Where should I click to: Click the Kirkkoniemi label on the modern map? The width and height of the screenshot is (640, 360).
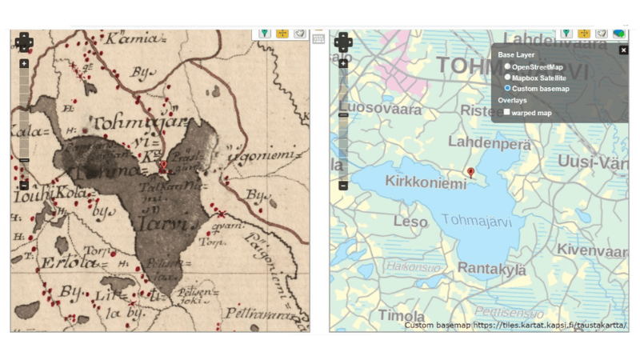click(x=425, y=183)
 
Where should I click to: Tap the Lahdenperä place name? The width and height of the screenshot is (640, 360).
click(x=478, y=142)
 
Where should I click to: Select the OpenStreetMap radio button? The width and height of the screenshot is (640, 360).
click(x=507, y=66)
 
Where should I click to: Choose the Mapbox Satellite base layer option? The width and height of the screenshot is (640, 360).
click(x=507, y=78)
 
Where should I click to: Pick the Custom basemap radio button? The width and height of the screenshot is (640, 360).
click(x=507, y=88)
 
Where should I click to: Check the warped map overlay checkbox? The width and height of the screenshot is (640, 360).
click(x=507, y=112)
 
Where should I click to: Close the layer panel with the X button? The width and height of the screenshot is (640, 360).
click(x=623, y=50)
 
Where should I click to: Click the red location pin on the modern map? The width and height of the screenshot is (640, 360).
click(x=470, y=172)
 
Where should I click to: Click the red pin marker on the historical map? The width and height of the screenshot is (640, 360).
click(x=163, y=166)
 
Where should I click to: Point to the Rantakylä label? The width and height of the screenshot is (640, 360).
click(x=490, y=270)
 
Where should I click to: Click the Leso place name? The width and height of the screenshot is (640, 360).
click(x=410, y=222)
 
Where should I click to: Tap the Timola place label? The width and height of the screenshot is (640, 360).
click(x=401, y=314)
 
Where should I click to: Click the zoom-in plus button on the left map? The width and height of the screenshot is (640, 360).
click(x=24, y=63)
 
